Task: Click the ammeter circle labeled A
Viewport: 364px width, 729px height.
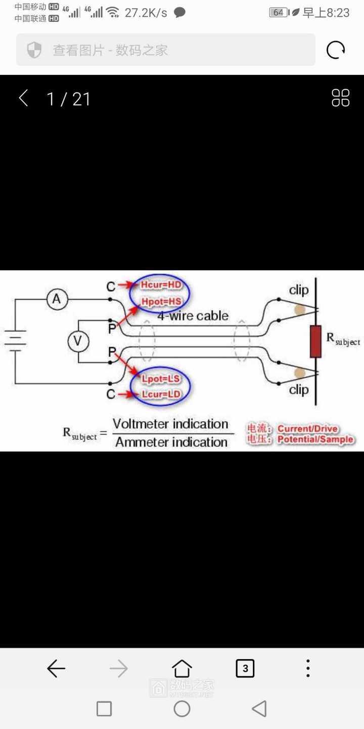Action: pyautogui.click(x=57, y=299)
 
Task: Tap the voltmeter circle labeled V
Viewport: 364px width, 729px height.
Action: pyautogui.click(x=78, y=342)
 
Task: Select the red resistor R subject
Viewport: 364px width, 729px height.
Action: pyautogui.click(x=316, y=342)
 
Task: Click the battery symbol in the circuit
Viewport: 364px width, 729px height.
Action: pyautogui.click(x=15, y=341)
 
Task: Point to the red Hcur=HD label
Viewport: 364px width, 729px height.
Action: pyautogui.click(x=161, y=285)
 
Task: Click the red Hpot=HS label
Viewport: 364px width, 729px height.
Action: pyautogui.click(x=161, y=302)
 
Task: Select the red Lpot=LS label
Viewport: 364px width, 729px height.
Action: pyautogui.click(x=161, y=379)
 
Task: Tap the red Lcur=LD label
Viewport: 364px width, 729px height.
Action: pyautogui.click(x=161, y=394)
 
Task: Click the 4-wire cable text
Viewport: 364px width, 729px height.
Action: pyautogui.click(x=193, y=316)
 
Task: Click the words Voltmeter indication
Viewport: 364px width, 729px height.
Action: pyautogui.click(x=170, y=424)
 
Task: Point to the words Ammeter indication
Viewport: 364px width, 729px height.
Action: pyautogui.click(x=171, y=442)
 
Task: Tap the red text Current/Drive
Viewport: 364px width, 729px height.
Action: pyautogui.click(x=307, y=429)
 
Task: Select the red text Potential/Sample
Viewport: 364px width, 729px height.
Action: pyautogui.click(x=315, y=439)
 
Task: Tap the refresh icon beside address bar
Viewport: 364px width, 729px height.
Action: pyautogui.click(x=336, y=50)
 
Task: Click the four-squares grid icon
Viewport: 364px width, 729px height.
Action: pyautogui.click(x=340, y=98)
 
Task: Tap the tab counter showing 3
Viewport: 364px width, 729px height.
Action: pyautogui.click(x=245, y=668)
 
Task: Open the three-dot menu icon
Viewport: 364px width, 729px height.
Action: pyautogui.click(x=308, y=668)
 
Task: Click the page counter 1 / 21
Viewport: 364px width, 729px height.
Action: pyautogui.click(x=68, y=99)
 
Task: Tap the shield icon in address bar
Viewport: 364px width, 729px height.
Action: pyautogui.click(x=34, y=50)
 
